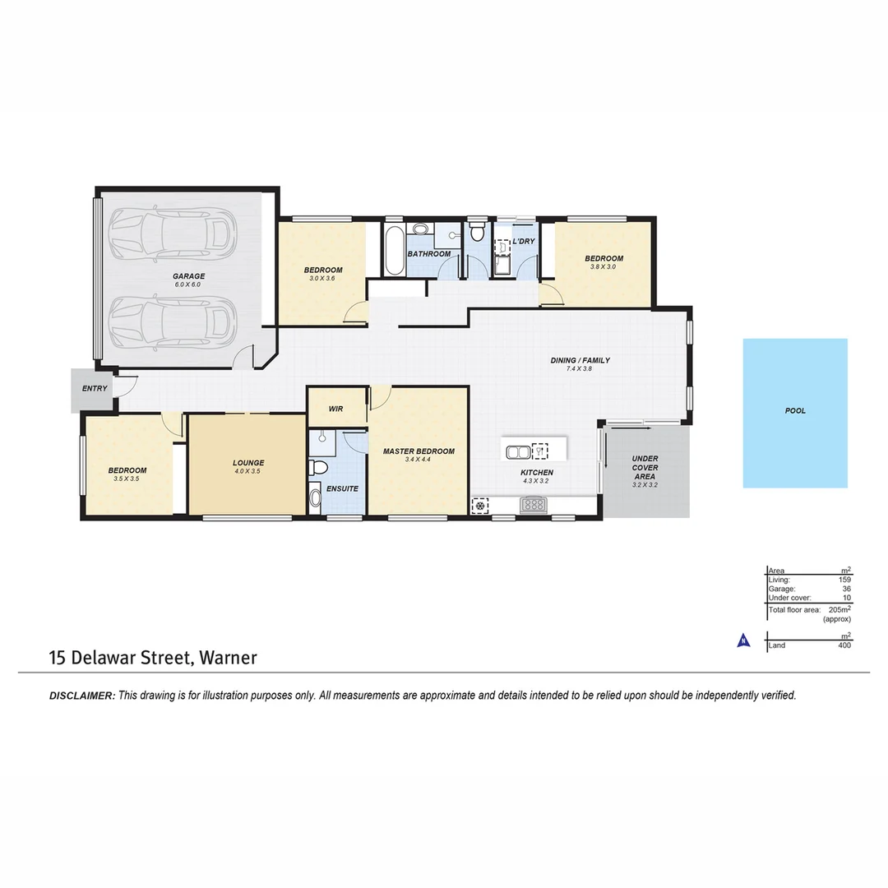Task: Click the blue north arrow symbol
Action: (742, 641)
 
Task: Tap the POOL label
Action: (795, 410)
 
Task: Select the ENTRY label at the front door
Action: (95, 388)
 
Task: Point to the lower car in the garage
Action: (172, 321)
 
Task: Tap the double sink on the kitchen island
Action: (518, 451)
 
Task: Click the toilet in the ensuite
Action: (318, 468)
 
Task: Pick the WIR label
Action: (335, 409)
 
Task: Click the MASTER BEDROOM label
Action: (419, 451)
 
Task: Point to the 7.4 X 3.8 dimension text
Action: (579, 370)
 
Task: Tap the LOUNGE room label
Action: (247, 463)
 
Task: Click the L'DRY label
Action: (524, 241)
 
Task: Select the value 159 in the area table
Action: (844, 580)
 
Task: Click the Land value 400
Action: (844, 645)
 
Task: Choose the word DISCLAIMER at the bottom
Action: (82, 696)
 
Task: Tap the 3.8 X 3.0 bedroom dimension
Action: (603, 266)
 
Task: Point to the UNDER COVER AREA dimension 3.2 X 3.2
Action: (645, 486)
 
